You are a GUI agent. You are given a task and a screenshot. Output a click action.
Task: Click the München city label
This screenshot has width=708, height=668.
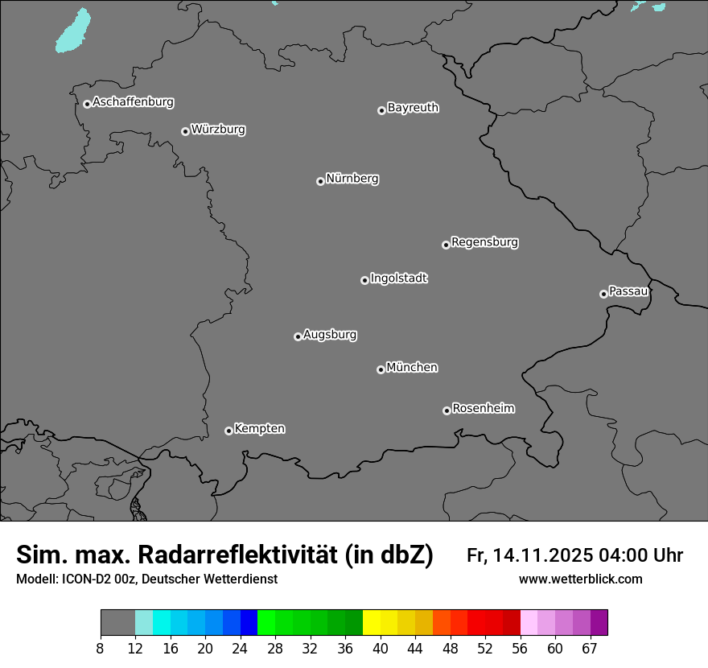412,368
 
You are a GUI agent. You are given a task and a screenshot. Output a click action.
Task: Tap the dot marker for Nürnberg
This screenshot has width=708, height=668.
320,181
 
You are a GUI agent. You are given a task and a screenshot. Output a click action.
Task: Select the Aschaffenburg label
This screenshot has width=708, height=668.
133,102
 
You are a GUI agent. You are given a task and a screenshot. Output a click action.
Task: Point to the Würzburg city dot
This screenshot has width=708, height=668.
185,131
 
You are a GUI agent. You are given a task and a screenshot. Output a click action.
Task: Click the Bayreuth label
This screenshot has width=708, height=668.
413,107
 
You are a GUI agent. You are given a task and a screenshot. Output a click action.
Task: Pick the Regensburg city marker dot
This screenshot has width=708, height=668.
446,245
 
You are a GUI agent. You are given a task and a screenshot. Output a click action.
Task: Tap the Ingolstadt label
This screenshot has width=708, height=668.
399,278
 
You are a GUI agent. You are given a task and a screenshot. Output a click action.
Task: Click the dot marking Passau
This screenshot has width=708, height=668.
603,294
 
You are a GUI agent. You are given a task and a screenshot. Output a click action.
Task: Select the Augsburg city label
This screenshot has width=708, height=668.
330,335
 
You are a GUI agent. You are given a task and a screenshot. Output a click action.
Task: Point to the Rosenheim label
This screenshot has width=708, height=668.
483,408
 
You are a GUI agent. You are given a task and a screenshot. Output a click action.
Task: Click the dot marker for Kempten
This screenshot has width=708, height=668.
228,431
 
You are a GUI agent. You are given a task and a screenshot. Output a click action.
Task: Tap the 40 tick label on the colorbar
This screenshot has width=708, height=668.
381,649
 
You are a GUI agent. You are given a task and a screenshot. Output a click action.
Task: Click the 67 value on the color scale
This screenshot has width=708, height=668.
590,649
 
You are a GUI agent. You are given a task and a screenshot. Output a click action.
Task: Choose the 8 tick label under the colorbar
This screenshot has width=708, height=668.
101,649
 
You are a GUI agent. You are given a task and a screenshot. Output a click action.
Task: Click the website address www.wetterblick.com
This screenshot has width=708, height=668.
580,579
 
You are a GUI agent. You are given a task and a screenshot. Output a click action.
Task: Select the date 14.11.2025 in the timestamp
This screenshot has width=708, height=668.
543,555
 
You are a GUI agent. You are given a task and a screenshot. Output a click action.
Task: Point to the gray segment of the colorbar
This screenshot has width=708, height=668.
117,623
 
